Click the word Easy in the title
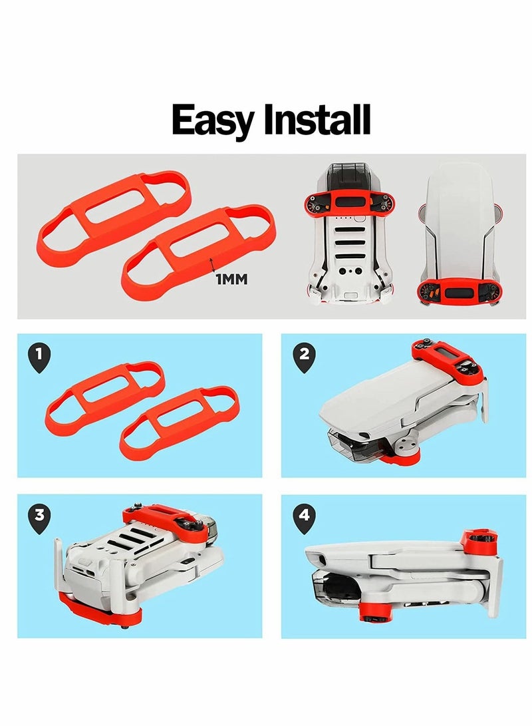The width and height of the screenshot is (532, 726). [x=214, y=121]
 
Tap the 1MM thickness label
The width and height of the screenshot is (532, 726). [x=231, y=279]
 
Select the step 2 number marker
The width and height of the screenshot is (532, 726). [x=304, y=357]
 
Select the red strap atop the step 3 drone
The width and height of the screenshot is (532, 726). [x=163, y=522]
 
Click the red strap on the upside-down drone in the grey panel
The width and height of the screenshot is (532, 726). [x=348, y=202]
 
